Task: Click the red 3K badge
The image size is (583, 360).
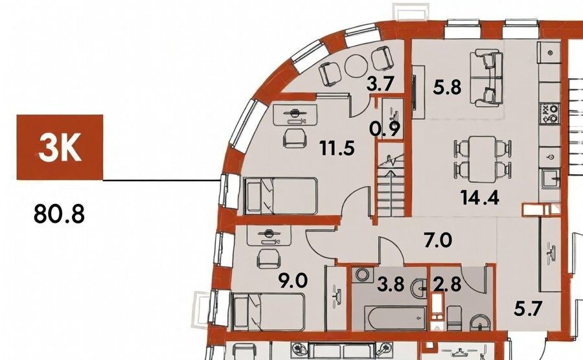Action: (x=60, y=147)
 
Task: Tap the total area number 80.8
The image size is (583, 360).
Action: (x=59, y=214)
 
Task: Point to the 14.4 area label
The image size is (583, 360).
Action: (x=480, y=197)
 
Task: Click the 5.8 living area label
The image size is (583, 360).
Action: (x=447, y=87)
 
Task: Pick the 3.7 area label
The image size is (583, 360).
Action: (x=380, y=84)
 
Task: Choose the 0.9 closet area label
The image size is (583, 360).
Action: (x=385, y=129)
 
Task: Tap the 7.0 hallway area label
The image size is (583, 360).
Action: (x=439, y=240)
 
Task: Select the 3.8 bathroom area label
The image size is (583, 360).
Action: (x=391, y=285)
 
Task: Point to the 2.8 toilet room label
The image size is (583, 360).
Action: (x=447, y=285)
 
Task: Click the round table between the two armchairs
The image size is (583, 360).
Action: (x=356, y=66)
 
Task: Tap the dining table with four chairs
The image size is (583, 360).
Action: (x=482, y=159)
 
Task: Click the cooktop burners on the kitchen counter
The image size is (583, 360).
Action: (x=550, y=114)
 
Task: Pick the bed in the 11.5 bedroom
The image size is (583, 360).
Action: (x=280, y=196)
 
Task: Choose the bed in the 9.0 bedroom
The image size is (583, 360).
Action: (x=268, y=311)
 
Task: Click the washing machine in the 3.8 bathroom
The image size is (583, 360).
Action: (x=361, y=275)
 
